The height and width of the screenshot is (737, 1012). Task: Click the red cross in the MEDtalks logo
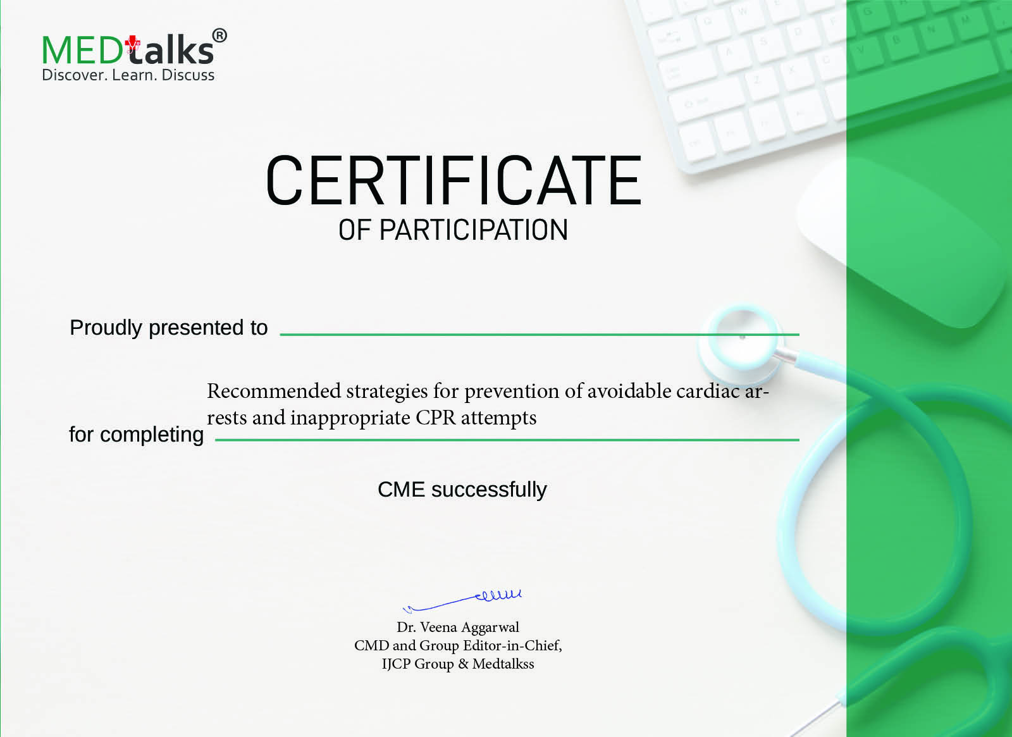(132, 43)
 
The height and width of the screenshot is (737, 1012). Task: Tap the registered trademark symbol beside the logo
(219, 35)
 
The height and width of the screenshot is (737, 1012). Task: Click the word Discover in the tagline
(75, 75)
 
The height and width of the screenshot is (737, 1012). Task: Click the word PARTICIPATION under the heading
(474, 230)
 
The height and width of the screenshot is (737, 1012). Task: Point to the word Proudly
(106, 328)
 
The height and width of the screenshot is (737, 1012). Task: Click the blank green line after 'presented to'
(540, 335)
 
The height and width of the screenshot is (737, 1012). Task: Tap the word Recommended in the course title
(274, 391)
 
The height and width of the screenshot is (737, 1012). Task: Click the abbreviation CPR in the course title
(436, 418)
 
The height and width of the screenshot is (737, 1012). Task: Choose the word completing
(152, 435)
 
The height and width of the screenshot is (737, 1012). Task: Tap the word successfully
(489, 490)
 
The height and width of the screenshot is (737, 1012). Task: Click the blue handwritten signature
(462, 601)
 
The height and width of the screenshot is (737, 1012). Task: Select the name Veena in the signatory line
(438, 627)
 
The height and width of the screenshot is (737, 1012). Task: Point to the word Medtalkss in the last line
(503, 664)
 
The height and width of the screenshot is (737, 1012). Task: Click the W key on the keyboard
(743, 12)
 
